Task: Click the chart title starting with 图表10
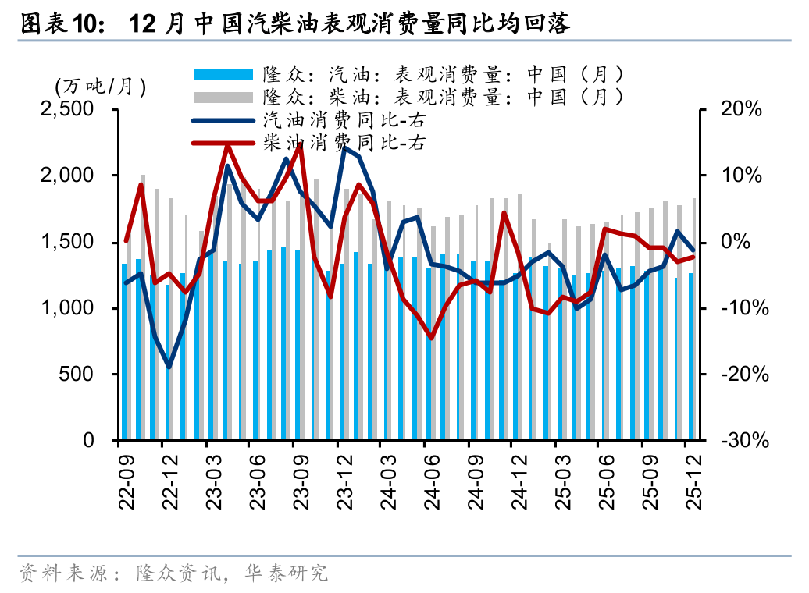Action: pyautogui.click(x=294, y=24)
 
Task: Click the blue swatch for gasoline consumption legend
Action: pyautogui.click(x=223, y=75)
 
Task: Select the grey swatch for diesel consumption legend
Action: pyautogui.click(x=223, y=98)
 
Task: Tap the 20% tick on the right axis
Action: pyautogui.click(x=741, y=110)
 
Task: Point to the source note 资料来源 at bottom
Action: pyautogui.click(x=172, y=573)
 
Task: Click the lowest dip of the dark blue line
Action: pyautogui.click(x=169, y=367)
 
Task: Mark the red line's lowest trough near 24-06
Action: pyautogui.click(x=430, y=338)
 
